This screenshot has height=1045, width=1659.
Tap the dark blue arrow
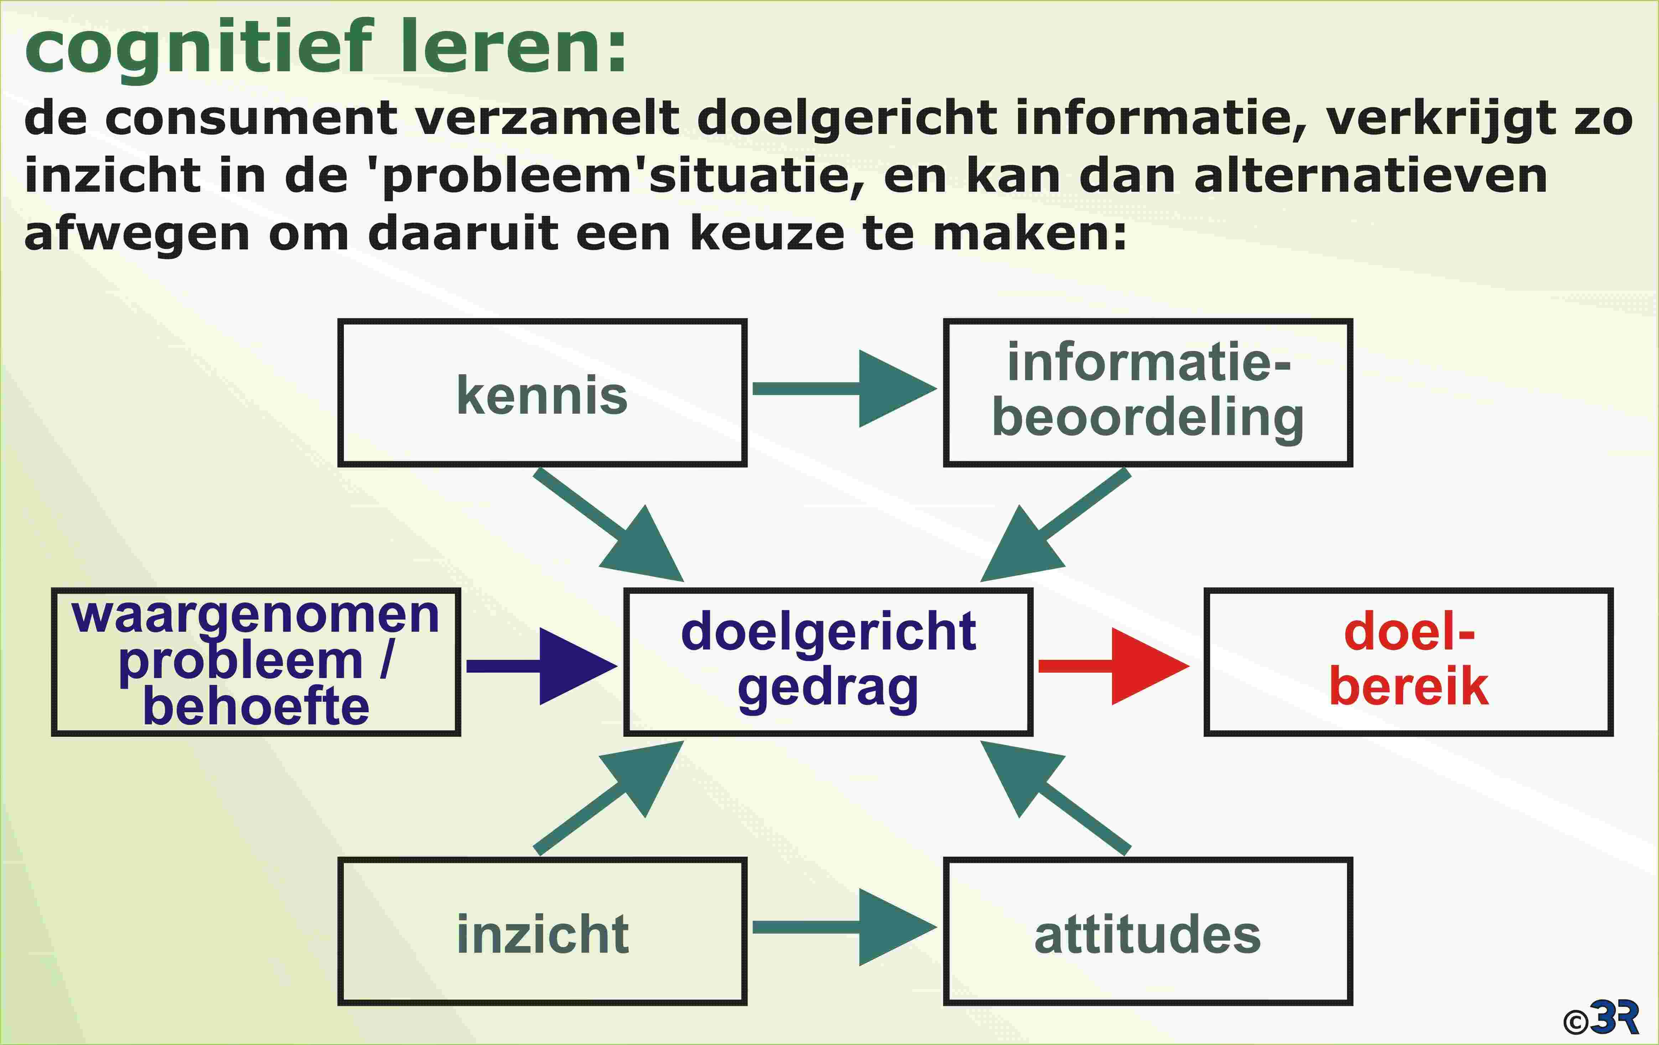542,666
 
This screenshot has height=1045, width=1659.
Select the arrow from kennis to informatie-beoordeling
845,388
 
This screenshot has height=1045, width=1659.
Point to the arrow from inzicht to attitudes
845,927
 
